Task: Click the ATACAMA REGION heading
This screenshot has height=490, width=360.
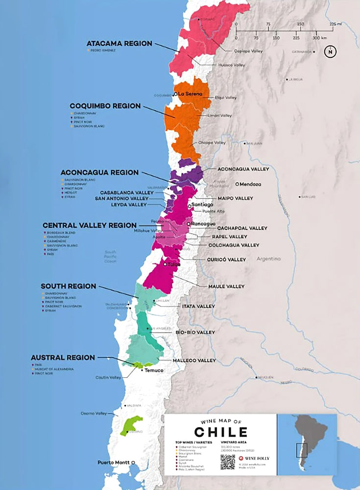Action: pyautogui.click(x=119, y=44)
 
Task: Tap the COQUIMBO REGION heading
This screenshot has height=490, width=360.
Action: pyautogui.click(x=105, y=106)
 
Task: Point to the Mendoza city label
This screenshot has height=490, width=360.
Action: pyautogui.click(x=250, y=185)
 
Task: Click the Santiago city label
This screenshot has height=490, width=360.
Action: pyautogui.click(x=202, y=204)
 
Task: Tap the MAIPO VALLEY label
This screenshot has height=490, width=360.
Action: pyautogui.click(x=236, y=198)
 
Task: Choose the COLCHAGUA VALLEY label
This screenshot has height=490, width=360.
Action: pyautogui.click(x=234, y=245)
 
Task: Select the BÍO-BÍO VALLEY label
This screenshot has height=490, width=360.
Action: pyautogui.click(x=195, y=332)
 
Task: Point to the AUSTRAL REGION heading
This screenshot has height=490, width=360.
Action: pyautogui.click(x=63, y=358)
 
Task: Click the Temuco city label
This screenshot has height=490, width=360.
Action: pyautogui.click(x=153, y=371)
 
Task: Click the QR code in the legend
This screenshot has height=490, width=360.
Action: pyautogui.click(x=227, y=462)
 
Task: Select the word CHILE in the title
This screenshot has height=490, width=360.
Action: pyautogui.click(x=220, y=432)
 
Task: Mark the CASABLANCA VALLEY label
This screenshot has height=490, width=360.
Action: pyautogui.click(x=127, y=193)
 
